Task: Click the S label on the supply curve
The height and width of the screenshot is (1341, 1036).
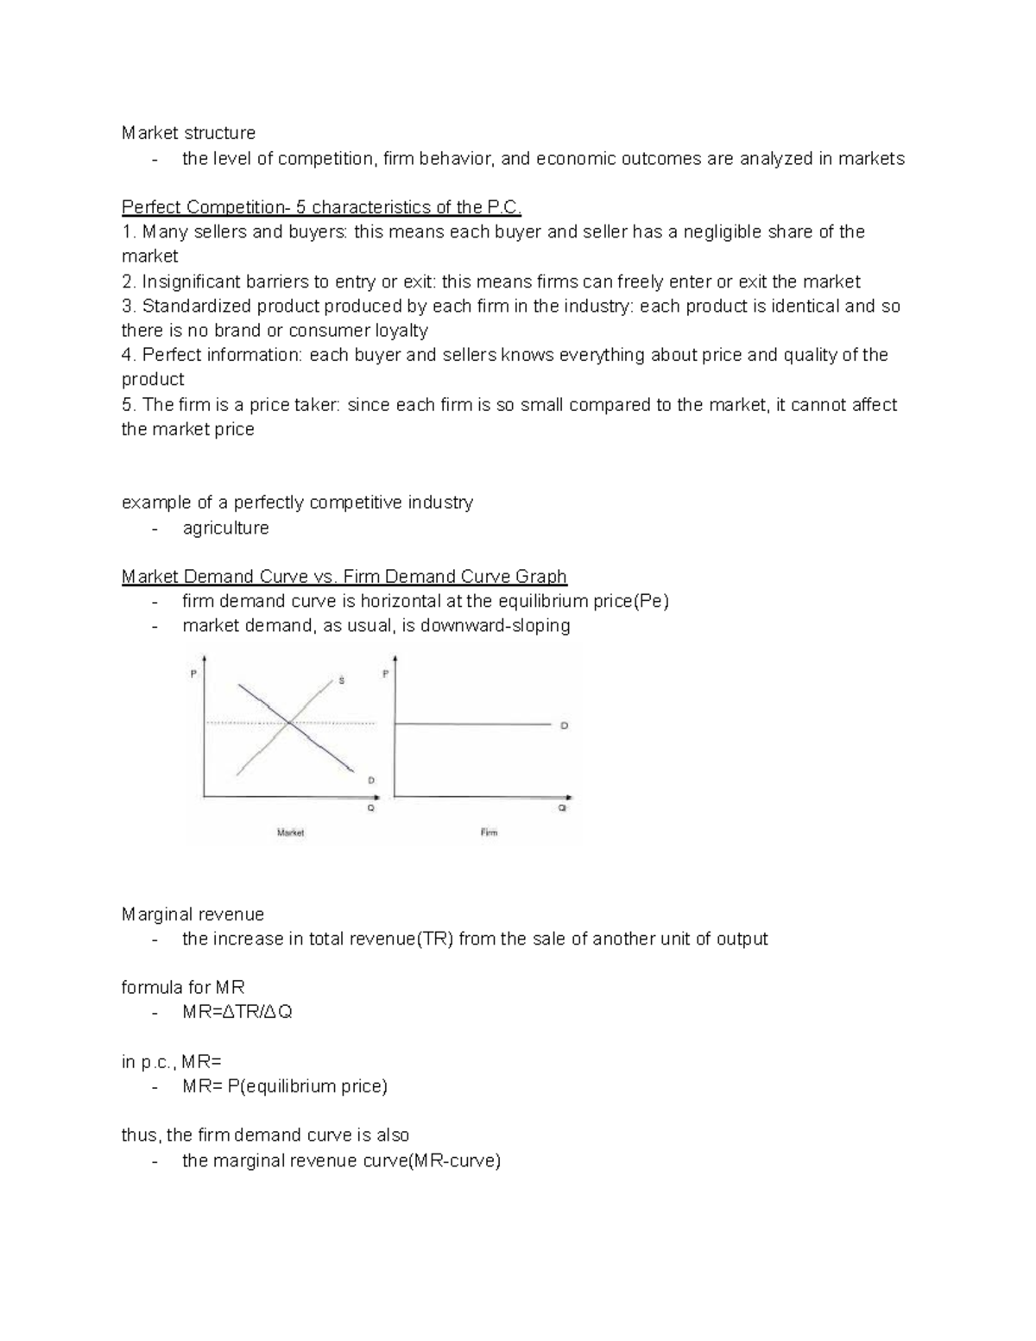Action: coord(341,681)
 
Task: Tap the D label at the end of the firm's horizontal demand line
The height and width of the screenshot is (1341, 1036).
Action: coord(564,726)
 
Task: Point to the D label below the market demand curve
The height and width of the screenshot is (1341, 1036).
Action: coord(371,780)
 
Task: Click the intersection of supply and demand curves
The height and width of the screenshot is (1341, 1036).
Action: coord(287,722)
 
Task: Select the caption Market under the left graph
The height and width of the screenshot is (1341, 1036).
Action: coord(290,832)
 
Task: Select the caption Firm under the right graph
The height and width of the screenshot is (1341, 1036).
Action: coord(489,832)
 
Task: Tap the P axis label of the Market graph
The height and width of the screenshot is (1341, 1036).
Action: coord(193,674)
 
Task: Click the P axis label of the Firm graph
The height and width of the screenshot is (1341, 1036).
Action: coord(385,674)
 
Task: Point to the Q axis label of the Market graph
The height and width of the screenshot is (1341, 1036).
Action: coord(371,808)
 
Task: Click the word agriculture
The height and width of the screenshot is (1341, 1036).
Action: coord(225,528)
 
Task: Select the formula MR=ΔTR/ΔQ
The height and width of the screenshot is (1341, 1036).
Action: coord(237,1011)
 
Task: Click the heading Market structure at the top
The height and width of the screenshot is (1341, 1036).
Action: coord(188,133)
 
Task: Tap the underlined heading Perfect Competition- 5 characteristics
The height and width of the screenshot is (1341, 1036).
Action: coord(321,207)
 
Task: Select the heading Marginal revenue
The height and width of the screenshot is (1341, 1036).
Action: coord(193,914)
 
